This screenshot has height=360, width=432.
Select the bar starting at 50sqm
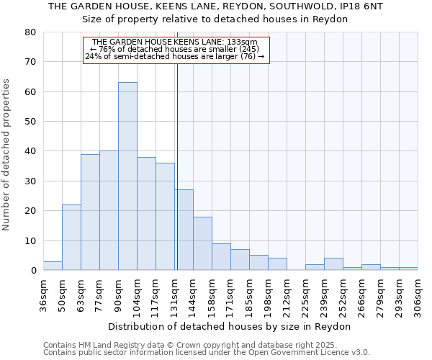tap(71, 238)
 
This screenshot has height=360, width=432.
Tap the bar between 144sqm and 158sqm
tap(202, 243)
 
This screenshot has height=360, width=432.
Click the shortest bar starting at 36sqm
tap(53, 266)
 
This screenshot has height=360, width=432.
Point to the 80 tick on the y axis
tap(30, 32)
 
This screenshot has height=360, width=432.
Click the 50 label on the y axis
tap(30, 122)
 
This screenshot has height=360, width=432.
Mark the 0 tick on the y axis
tap(33, 271)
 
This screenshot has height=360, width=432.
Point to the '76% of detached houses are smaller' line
tap(175, 49)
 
